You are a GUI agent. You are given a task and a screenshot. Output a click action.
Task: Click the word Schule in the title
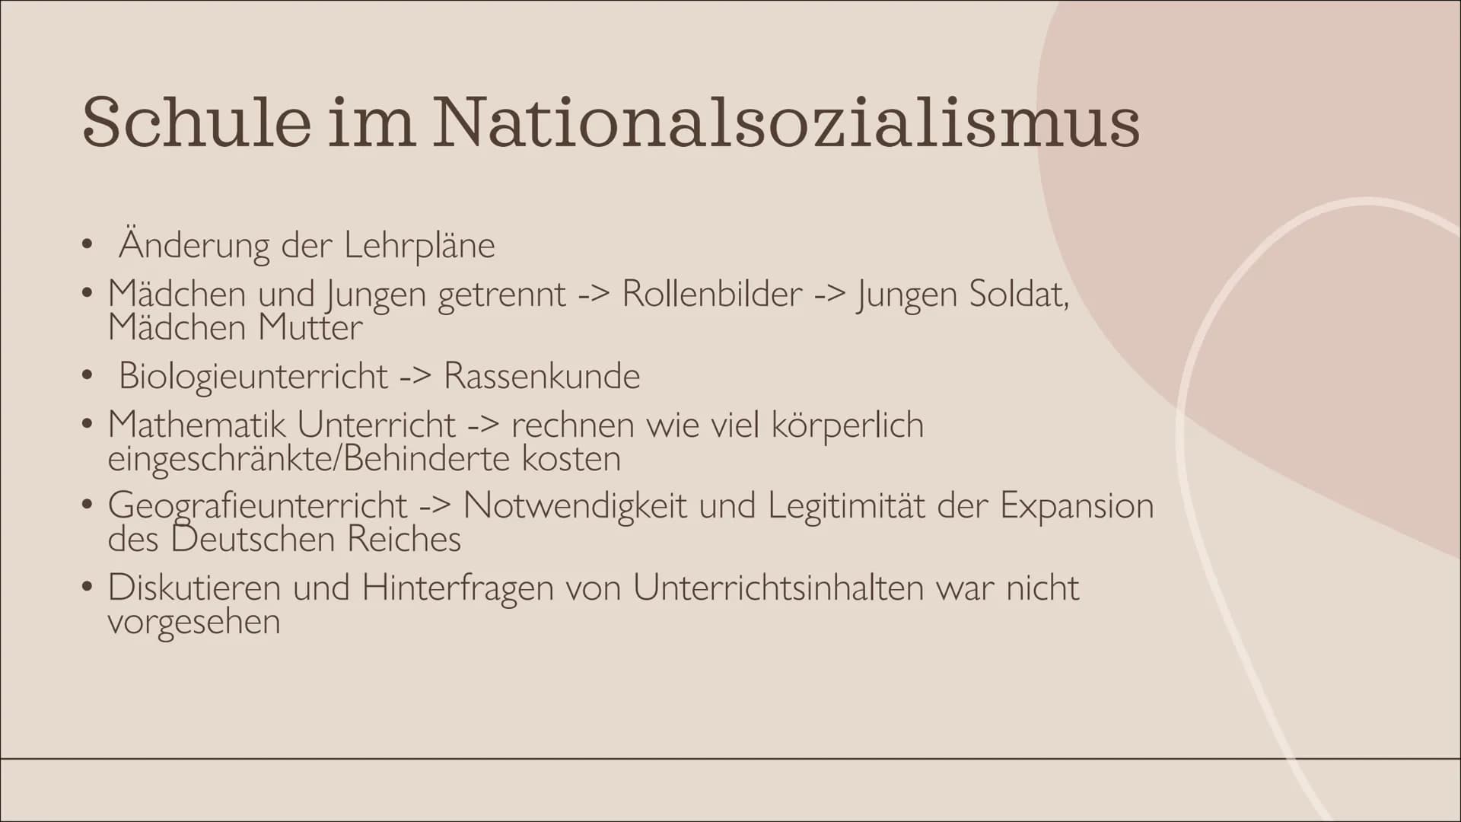coord(196,122)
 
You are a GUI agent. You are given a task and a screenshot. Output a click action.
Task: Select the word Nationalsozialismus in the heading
coord(787,122)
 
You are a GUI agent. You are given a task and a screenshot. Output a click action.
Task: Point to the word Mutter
coord(310,328)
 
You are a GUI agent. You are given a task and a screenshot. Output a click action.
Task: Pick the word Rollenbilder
coord(712,294)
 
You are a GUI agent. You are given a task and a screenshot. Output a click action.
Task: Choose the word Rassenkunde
coord(542,376)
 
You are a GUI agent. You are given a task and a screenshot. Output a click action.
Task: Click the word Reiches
coord(404,540)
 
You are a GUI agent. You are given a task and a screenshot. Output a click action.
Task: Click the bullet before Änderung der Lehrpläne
coord(89,246)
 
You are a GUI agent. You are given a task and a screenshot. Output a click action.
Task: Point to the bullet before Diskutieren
coord(89,588)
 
